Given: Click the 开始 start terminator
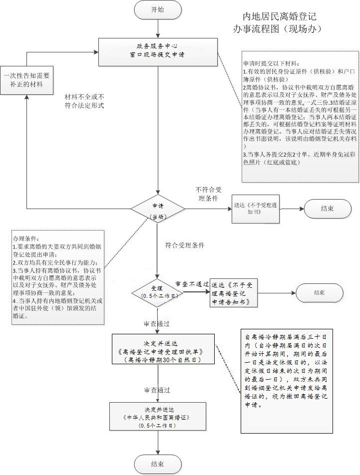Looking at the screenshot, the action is pyautogui.click(x=158, y=10).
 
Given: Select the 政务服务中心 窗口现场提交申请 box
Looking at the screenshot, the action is pyautogui.click(x=157, y=52).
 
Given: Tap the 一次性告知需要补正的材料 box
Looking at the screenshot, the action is pyautogui.click(x=26, y=80).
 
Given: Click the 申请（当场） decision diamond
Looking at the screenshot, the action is pyautogui.click(x=158, y=209).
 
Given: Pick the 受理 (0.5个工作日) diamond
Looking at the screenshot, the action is pyautogui.click(x=157, y=292).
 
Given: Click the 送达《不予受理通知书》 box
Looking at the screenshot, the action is pyautogui.click(x=256, y=209).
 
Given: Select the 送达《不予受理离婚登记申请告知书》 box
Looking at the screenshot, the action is pyautogui.click(x=234, y=293).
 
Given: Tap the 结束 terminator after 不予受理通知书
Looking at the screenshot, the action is pyautogui.click(x=328, y=209).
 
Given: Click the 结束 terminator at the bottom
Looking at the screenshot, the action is pyautogui.click(x=158, y=465).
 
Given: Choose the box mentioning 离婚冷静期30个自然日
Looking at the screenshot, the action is pyautogui.click(x=163, y=349).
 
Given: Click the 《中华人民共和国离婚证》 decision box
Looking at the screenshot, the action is pyautogui.click(x=158, y=417).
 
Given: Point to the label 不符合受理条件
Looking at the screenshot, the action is pyautogui.click(x=209, y=194).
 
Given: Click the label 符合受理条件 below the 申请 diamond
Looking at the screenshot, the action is pyautogui.click(x=185, y=245).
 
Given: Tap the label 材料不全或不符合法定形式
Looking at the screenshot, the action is pyautogui.click(x=84, y=101).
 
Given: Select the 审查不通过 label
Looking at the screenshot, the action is pyautogui.click(x=192, y=284).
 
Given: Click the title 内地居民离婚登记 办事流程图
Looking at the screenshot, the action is pyautogui.click(x=277, y=22).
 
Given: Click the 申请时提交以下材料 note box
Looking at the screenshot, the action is pyautogui.click(x=300, y=116).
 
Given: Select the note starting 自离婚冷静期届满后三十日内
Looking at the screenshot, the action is pyautogui.click(x=287, y=381).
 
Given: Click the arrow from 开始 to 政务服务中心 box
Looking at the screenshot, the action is pyautogui.click(x=158, y=28).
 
